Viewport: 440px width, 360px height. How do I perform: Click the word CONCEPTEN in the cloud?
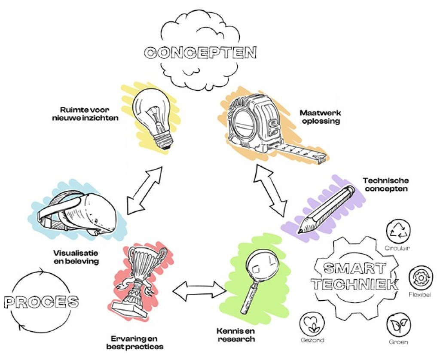click(200, 53)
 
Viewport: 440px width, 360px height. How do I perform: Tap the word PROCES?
click(41, 302)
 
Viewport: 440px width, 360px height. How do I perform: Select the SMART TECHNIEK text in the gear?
click(355, 277)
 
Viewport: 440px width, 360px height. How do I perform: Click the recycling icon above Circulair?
click(398, 230)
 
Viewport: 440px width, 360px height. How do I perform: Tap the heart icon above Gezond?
click(312, 323)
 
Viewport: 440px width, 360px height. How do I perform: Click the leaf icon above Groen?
click(399, 325)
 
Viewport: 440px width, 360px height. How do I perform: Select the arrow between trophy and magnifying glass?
click(199, 291)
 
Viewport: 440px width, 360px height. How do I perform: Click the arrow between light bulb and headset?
click(144, 191)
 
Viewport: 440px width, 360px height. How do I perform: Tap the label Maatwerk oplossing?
click(321, 117)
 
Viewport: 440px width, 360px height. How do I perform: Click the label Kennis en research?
click(236, 335)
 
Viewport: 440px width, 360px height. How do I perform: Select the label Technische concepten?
click(386, 184)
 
